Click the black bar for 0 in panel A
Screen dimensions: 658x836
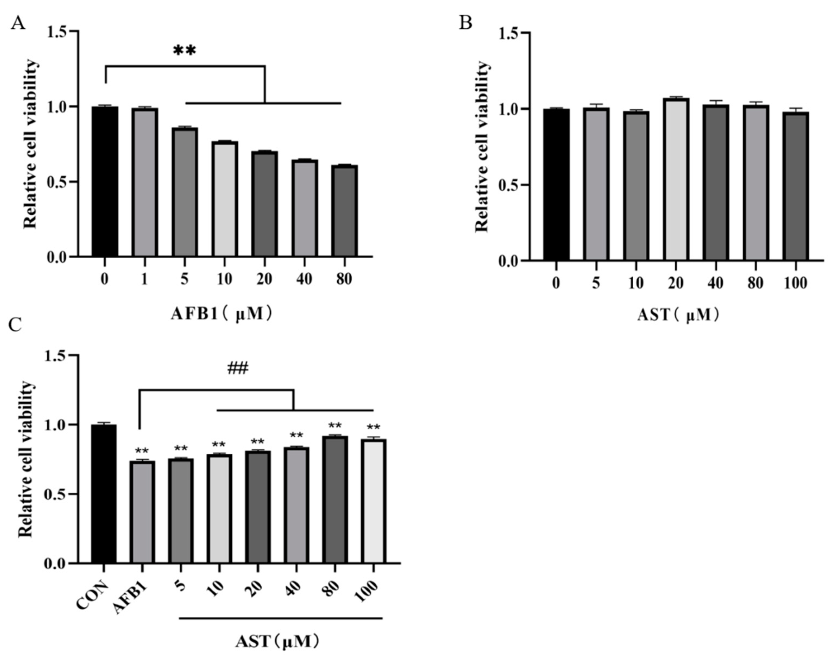point(105,181)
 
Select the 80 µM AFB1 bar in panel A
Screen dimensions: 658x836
point(345,211)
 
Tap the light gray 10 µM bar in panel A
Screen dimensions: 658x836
point(224,199)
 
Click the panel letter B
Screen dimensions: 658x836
point(465,24)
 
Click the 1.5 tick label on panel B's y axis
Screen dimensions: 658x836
point(508,34)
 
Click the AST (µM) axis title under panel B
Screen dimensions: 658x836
point(678,316)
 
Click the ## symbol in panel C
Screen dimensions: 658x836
point(237,369)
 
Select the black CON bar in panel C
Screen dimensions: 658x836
point(104,494)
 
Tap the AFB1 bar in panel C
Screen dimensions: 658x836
point(142,512)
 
